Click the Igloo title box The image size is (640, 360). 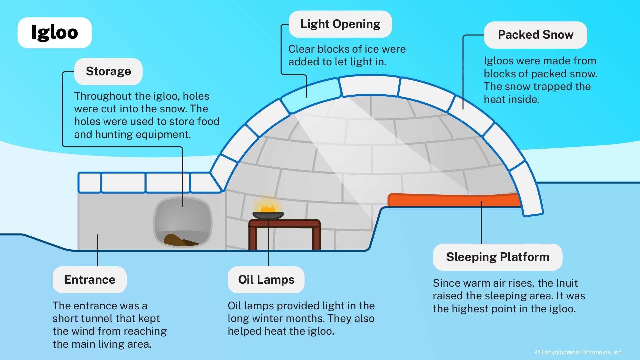[54, 33]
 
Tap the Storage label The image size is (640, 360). [108, 71]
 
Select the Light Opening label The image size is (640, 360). [340, 24]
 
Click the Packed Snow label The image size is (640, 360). [535, 35]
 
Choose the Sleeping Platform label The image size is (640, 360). [497, 257]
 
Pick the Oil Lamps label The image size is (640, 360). [266, 280]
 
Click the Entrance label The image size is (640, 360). [90, 280]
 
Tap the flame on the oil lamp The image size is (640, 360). [268, 209]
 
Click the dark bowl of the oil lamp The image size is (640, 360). [268, 216]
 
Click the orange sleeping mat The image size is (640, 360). [453, 200]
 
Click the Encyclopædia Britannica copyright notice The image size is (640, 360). [579, 352]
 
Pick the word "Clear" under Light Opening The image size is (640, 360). [301, 49]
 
